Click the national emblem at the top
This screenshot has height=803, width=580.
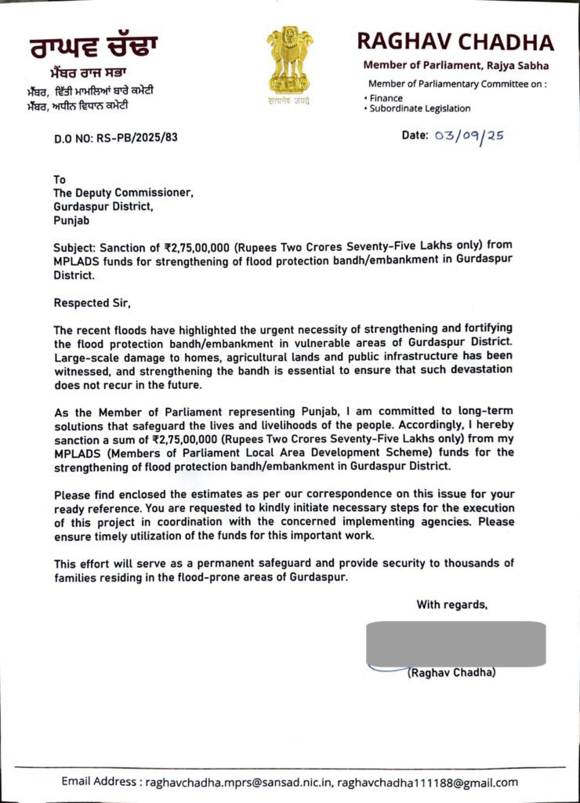(x=289, y=64)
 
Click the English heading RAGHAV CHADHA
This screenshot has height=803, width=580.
(x=455, y=42)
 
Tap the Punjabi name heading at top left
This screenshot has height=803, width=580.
(x=93, y=46)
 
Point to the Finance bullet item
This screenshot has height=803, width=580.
(x=386, y=98)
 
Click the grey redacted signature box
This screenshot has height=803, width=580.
(x=456, y=644)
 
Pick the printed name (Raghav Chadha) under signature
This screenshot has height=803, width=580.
(x=451, y=673)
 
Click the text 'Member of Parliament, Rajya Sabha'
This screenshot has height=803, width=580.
(x=455, y=66)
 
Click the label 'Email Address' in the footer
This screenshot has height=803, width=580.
(x=100, y=782)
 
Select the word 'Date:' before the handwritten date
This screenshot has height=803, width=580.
(x=415, y=136)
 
